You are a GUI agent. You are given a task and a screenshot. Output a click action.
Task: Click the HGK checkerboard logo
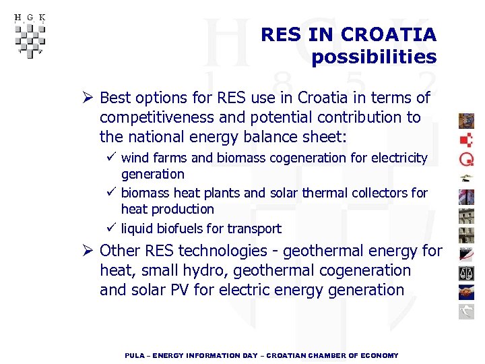click(x=29, y=36)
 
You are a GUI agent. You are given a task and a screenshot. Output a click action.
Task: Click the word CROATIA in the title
click(x=389, y=34)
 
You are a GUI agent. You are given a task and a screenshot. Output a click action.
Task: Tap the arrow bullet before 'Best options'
click(x=88, y=98)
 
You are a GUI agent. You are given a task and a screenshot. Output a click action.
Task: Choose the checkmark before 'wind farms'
click(x=111, y=158)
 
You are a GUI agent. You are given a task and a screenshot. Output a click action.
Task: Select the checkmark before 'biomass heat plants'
click(x=111, y=193)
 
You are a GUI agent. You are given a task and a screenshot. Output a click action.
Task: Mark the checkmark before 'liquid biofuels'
click(x=111, y=228)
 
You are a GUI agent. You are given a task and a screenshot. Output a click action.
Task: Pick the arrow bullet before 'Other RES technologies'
click(x=88, y=251)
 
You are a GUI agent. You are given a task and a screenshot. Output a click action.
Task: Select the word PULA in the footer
click(x=135, y=355)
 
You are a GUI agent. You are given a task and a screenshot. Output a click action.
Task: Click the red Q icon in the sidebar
click(x=466, y=158)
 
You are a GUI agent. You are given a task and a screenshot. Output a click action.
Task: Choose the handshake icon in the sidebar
click(x=466, y=292)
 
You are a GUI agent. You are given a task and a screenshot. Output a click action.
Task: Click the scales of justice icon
click(x=466, y=273)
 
